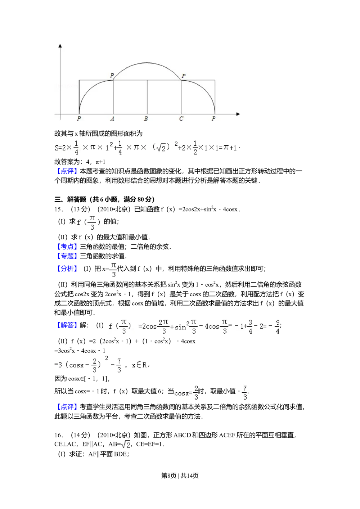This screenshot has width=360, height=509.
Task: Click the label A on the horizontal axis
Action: point(113,118)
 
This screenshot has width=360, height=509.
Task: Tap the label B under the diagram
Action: point(146,118)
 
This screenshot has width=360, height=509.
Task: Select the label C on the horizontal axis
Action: point(181,118)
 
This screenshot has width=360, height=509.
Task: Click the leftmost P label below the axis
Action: point(79,118)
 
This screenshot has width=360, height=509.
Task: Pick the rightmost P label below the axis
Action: point(213,118)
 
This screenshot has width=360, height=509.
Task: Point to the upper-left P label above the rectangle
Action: point(112,76)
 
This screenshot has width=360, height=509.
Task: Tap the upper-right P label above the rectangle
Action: point(184,76)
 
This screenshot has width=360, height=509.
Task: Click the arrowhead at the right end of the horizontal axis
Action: point(238,114)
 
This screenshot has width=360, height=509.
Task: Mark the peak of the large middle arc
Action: point(147,63)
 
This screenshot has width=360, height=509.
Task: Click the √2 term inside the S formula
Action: point(161,148)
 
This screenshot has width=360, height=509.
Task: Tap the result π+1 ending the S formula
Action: point(230,148)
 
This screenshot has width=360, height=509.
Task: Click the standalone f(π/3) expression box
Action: point(90,223)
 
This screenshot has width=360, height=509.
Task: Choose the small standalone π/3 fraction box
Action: point(113,270)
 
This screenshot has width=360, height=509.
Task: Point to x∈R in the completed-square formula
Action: point(140,365)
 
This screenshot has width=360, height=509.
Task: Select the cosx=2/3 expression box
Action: point(186,393)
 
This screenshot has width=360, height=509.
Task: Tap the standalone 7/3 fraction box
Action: point(244,393)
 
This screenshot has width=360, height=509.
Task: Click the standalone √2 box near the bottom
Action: point(125,445)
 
